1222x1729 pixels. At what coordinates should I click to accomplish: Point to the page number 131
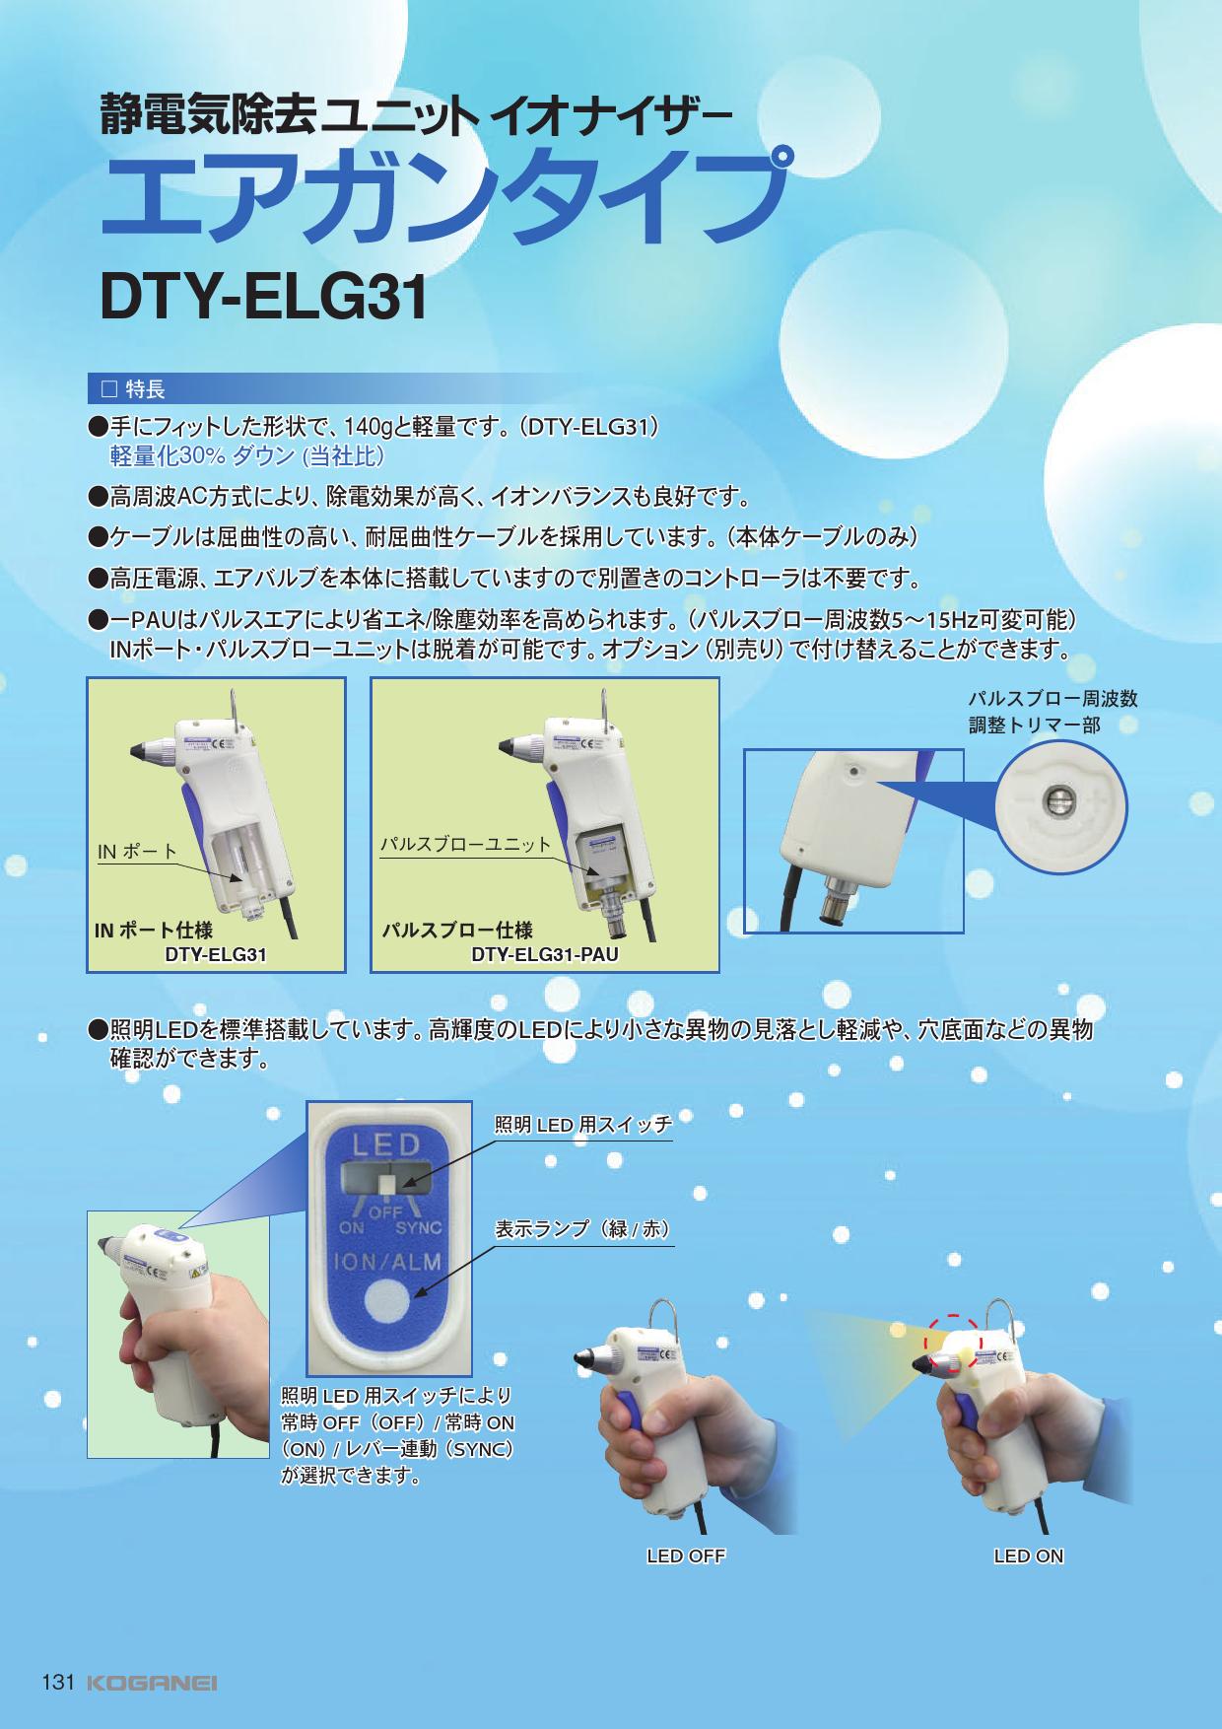(58, 1683)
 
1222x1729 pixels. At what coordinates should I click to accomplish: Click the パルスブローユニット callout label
(466, 845)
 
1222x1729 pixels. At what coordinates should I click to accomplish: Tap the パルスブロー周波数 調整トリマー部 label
(1052, 712)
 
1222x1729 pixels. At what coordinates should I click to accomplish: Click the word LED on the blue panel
(379, 1145)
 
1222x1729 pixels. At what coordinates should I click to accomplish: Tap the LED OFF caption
(686, 1556)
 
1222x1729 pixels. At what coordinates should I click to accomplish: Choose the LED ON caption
(1029, 1556)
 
